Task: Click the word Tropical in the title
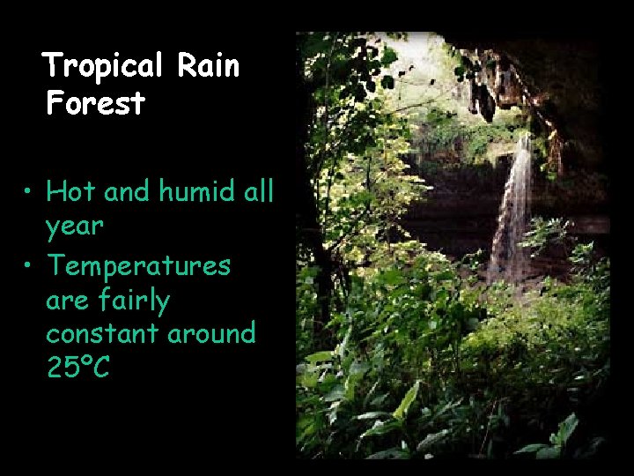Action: (103, 66)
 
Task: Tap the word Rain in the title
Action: (208, 66)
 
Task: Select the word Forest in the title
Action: (96, 104)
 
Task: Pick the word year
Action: (75, 227)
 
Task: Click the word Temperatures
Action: (138, 264)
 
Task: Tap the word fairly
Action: (134, 301)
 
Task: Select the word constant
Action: (102, 333)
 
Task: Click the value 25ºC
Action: (77, 367)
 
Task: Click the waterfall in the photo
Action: (513, 207)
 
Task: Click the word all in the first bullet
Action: (258, 190)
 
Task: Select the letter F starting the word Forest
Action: (55, 104)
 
